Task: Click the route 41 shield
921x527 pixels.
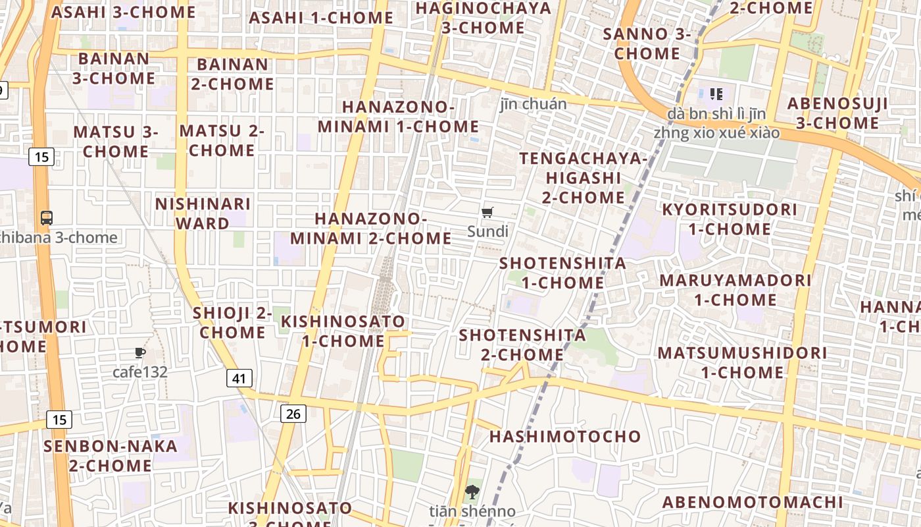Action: (x=239, y=378)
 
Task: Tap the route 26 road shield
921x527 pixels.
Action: (x=293, y=413)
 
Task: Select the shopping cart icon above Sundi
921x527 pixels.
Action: (x=487, y=212)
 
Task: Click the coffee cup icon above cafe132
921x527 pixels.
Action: (x=139, y=353)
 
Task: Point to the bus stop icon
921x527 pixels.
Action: (x=46, y=217)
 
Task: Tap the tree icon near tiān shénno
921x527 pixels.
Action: (x=472, y=491)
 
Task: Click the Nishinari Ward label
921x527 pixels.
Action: (x=203, y=213)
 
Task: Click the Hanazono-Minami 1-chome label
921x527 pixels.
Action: (x=399, y=117)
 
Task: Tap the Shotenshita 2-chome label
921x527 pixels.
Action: (x=522, y=345)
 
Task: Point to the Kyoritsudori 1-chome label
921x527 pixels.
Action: (x=729, y=219)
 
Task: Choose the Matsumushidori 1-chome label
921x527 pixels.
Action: (x=742, y=362)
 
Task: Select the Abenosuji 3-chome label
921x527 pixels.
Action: (x=837, y=113)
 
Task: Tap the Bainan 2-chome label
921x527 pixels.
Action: (x=232, y=74)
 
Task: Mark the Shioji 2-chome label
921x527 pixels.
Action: (x=232, y=323)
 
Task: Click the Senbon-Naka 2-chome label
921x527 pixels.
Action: (x=111, y=456)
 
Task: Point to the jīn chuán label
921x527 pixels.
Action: (x=533, y=104)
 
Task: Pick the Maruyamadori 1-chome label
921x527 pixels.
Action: (x=735, y=290)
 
